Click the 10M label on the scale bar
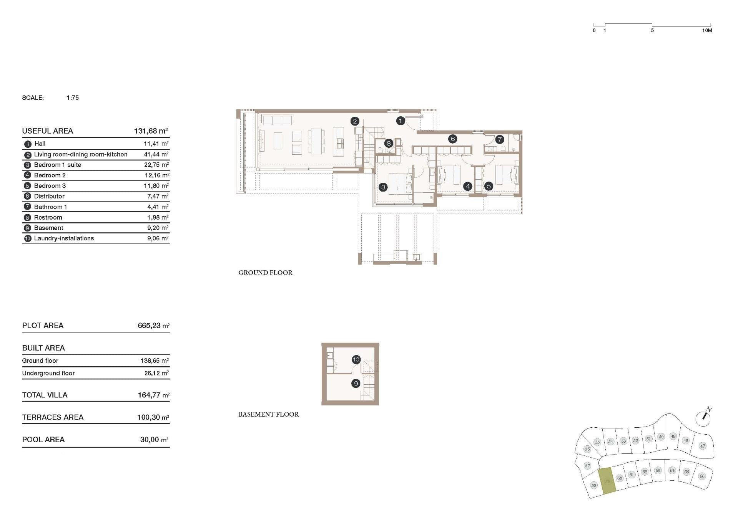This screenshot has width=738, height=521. point(706,30)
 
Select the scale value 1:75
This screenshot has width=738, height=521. point(72,98)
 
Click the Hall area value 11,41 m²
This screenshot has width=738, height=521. point(156,144)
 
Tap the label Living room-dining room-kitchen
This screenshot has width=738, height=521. point(81,154)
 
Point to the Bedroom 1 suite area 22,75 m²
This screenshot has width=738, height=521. point(156,165)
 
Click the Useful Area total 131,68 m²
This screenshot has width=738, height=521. point(151,131)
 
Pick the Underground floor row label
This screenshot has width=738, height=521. point(48,373)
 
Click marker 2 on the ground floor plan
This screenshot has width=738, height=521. point(355,121)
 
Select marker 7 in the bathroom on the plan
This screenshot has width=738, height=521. point(499,139)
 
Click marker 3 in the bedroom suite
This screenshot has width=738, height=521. point(383,187)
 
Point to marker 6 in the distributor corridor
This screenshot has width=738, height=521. point(452,139)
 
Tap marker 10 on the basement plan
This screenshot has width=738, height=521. point(356,360)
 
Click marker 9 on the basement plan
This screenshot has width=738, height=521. point(356,384)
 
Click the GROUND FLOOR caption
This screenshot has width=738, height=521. point(265,273)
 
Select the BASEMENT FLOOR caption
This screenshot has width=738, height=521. point(268,414)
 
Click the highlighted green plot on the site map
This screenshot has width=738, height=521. point(607,481)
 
